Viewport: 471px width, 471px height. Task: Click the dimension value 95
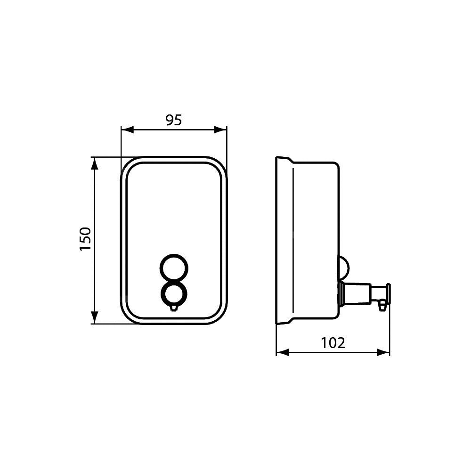[x=174, y=120]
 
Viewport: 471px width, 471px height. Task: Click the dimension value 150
[x=85, y=239]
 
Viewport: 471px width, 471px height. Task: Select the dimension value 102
[x=333, y=343]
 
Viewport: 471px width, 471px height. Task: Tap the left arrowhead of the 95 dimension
[x=127, y=130]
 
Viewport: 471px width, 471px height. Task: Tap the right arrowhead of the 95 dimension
[x=220, y=130]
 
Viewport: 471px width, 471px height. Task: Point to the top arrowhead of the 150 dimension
[x=95, y=163]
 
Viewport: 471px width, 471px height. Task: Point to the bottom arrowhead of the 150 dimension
[x=95, y=317]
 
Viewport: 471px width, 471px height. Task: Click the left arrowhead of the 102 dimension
[x=282, y=353]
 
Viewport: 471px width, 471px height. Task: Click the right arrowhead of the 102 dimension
[x=383, y=353]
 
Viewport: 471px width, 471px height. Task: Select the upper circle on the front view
[x=174, y=255]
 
